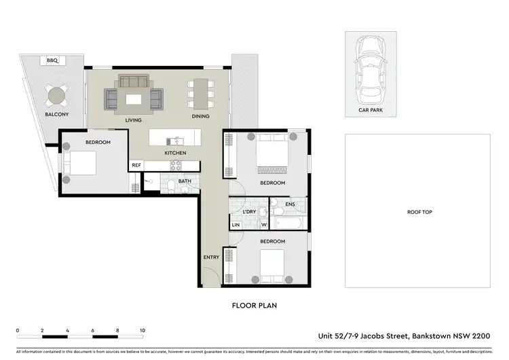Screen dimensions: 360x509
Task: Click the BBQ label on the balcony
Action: point(52,61)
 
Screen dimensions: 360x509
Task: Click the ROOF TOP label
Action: point(419,212)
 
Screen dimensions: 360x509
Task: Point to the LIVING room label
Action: point(133,120)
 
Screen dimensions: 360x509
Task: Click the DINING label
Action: point(200,116)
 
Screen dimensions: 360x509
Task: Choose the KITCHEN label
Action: point(174,154)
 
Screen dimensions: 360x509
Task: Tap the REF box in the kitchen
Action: point(136,165)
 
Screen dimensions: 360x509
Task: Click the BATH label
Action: point(185,181)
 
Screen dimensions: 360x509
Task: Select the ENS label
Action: point(290,203)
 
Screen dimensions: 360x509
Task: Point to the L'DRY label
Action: point(249,212)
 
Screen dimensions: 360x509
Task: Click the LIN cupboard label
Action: point(236,225)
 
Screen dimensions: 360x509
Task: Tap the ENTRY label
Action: point(211,257)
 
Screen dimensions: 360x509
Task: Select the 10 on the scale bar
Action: point(142,331)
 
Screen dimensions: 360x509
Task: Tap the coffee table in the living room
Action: point(134,99)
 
